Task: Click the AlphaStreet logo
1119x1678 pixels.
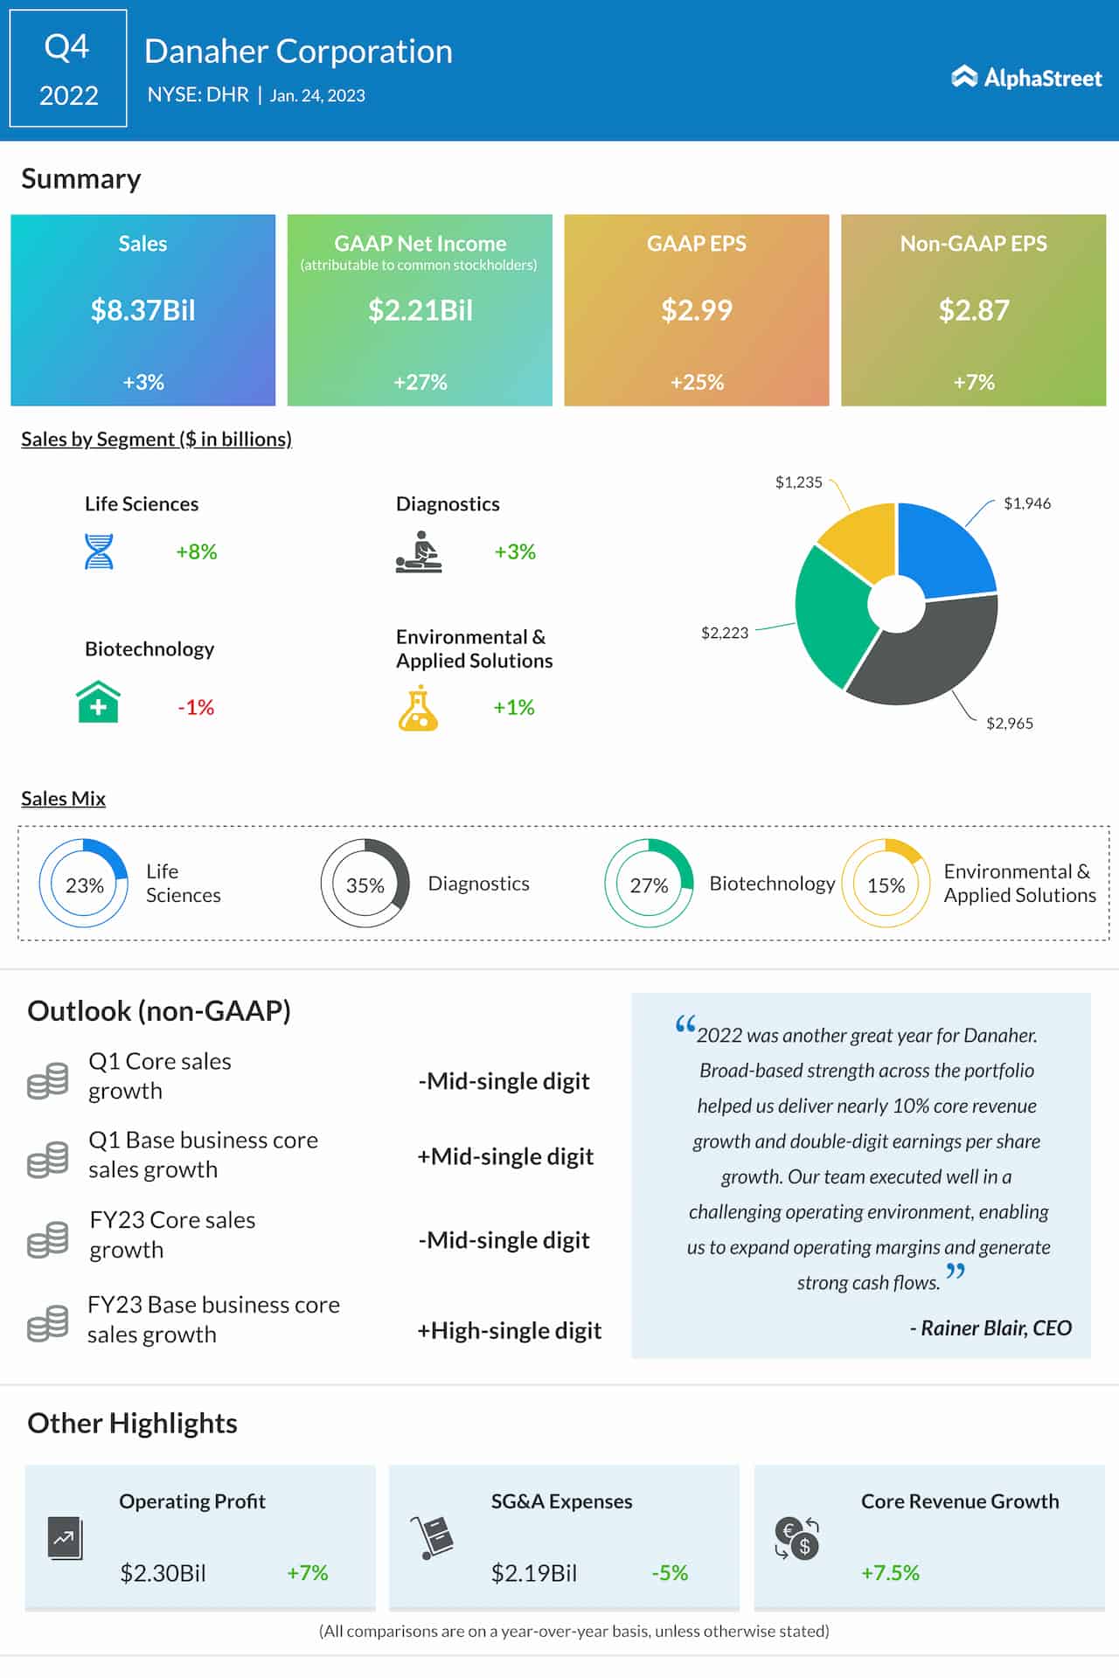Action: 1026,78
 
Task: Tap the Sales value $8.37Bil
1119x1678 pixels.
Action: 142,310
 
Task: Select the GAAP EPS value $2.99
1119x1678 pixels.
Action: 696,310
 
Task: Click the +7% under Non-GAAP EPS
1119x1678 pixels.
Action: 973,382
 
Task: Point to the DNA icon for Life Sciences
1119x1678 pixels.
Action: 99,551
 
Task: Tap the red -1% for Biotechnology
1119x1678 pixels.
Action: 196,707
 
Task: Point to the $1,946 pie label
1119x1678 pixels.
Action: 1026,503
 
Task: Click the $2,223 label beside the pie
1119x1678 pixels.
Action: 725,633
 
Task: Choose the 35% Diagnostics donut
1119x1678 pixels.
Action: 365,884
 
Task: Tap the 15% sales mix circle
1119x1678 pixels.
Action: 886,884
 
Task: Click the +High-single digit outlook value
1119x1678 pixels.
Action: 509,1330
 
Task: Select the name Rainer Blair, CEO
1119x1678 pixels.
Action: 995,1328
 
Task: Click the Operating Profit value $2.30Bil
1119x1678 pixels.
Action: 163,1573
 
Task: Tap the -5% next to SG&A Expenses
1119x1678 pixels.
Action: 670,1573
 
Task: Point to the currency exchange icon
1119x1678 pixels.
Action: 796,1538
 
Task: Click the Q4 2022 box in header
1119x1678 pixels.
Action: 68,69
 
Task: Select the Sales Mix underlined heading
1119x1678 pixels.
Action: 63,799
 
